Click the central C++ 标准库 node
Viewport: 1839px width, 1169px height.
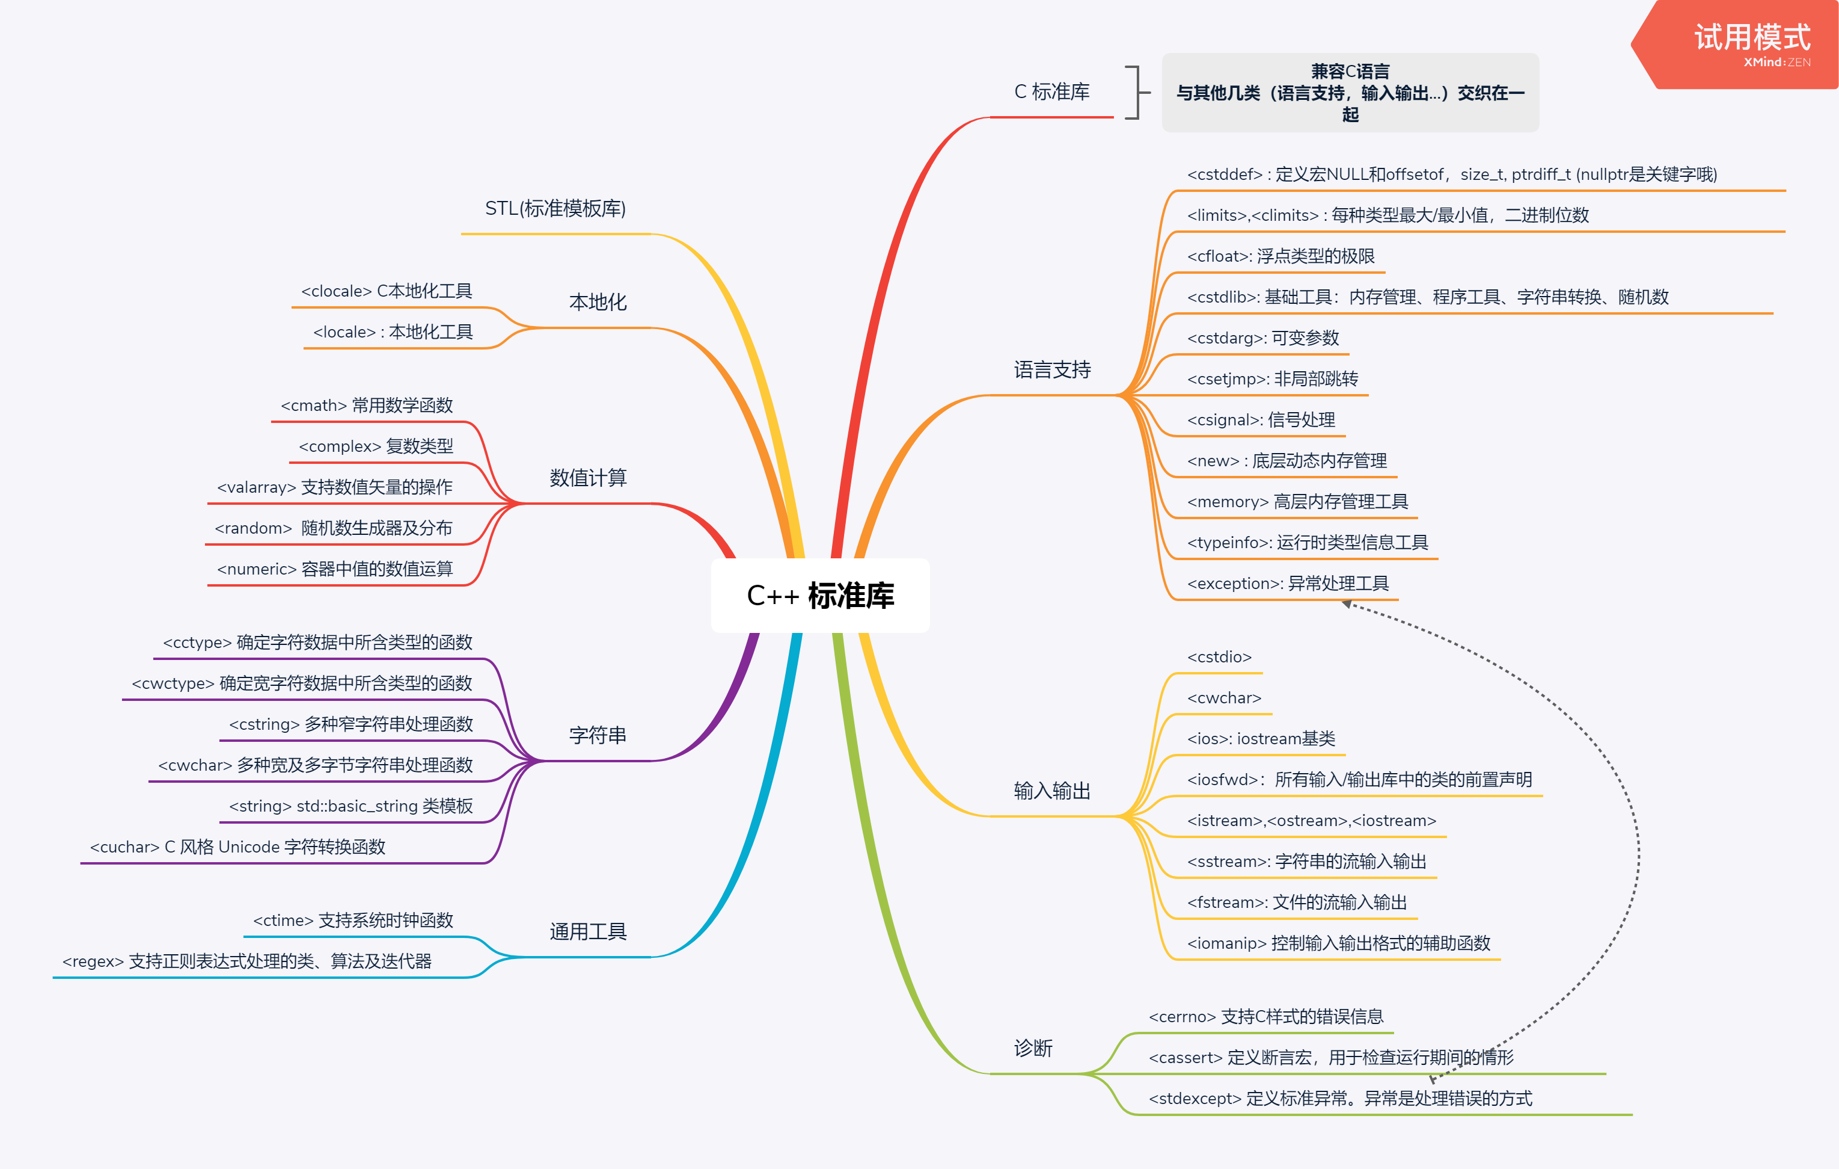click(x=820, y=595)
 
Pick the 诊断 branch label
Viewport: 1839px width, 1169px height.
click(x=1033, y=1047)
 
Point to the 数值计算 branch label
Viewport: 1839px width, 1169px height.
click(x=588, y=478)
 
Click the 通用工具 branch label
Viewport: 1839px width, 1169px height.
click(x=588, y=931)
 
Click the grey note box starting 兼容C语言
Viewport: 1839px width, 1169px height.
click(x=1350, y=93)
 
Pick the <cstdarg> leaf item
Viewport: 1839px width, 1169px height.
click(x=1262, y=338)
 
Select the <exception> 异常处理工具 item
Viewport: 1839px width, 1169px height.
click(x=1288, y=584)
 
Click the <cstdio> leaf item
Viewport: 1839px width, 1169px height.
click(x=1219, y=657)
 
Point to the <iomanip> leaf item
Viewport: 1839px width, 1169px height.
click(x=1338, y=943)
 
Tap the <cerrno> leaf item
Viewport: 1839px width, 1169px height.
click(x=1265, y=1017)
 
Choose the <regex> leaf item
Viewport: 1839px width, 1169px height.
click(x=246, y=961)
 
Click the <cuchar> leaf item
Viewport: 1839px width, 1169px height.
click(x=237, y=847)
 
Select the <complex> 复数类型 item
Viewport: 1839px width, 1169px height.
click(x=376, y=446)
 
